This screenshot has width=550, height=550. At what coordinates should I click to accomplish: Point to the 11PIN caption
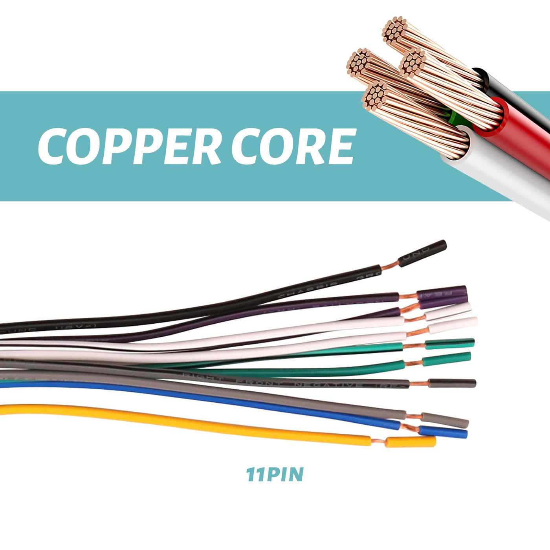(275, 475)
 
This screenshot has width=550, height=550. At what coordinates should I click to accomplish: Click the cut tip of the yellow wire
(411, 442)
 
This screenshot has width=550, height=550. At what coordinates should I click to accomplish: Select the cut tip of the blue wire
(444, 433)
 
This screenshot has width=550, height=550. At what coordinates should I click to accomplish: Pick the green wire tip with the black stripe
(450, 344)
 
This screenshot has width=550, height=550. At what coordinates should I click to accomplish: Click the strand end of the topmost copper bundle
(395, 29)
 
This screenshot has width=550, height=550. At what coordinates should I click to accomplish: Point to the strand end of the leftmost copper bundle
(358, 63)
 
